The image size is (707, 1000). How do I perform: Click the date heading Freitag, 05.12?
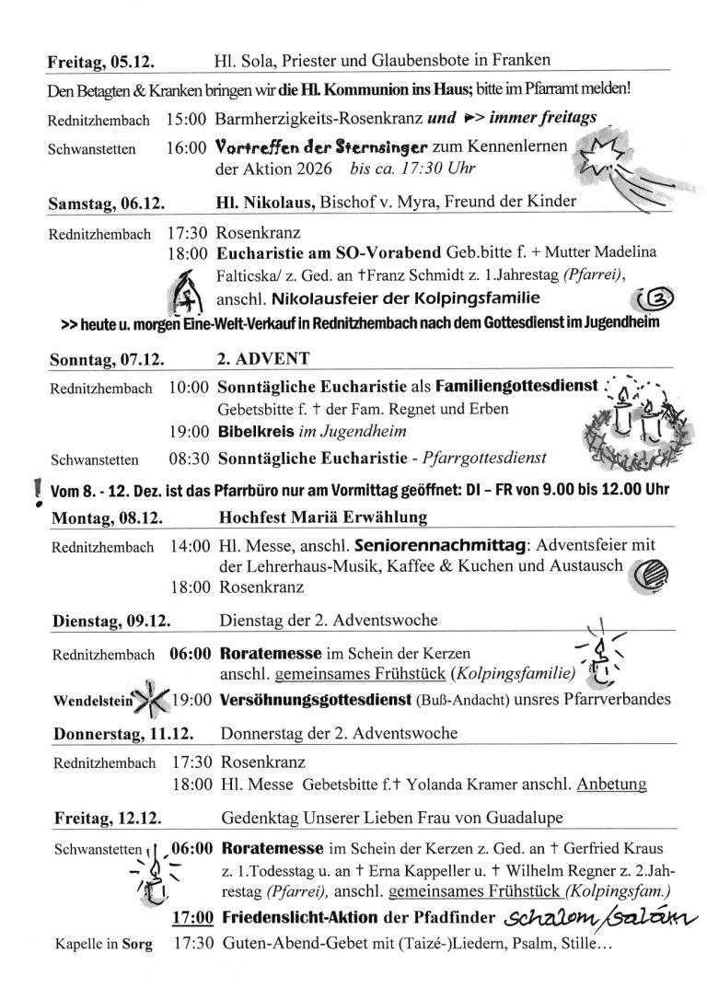(100, 62)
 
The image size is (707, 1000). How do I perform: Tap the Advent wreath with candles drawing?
(629, 418)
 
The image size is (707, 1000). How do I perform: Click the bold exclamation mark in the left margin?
(36, 494)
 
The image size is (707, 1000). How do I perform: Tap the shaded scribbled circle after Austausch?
(653, 574)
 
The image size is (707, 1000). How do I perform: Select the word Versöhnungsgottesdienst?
(319, 699)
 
